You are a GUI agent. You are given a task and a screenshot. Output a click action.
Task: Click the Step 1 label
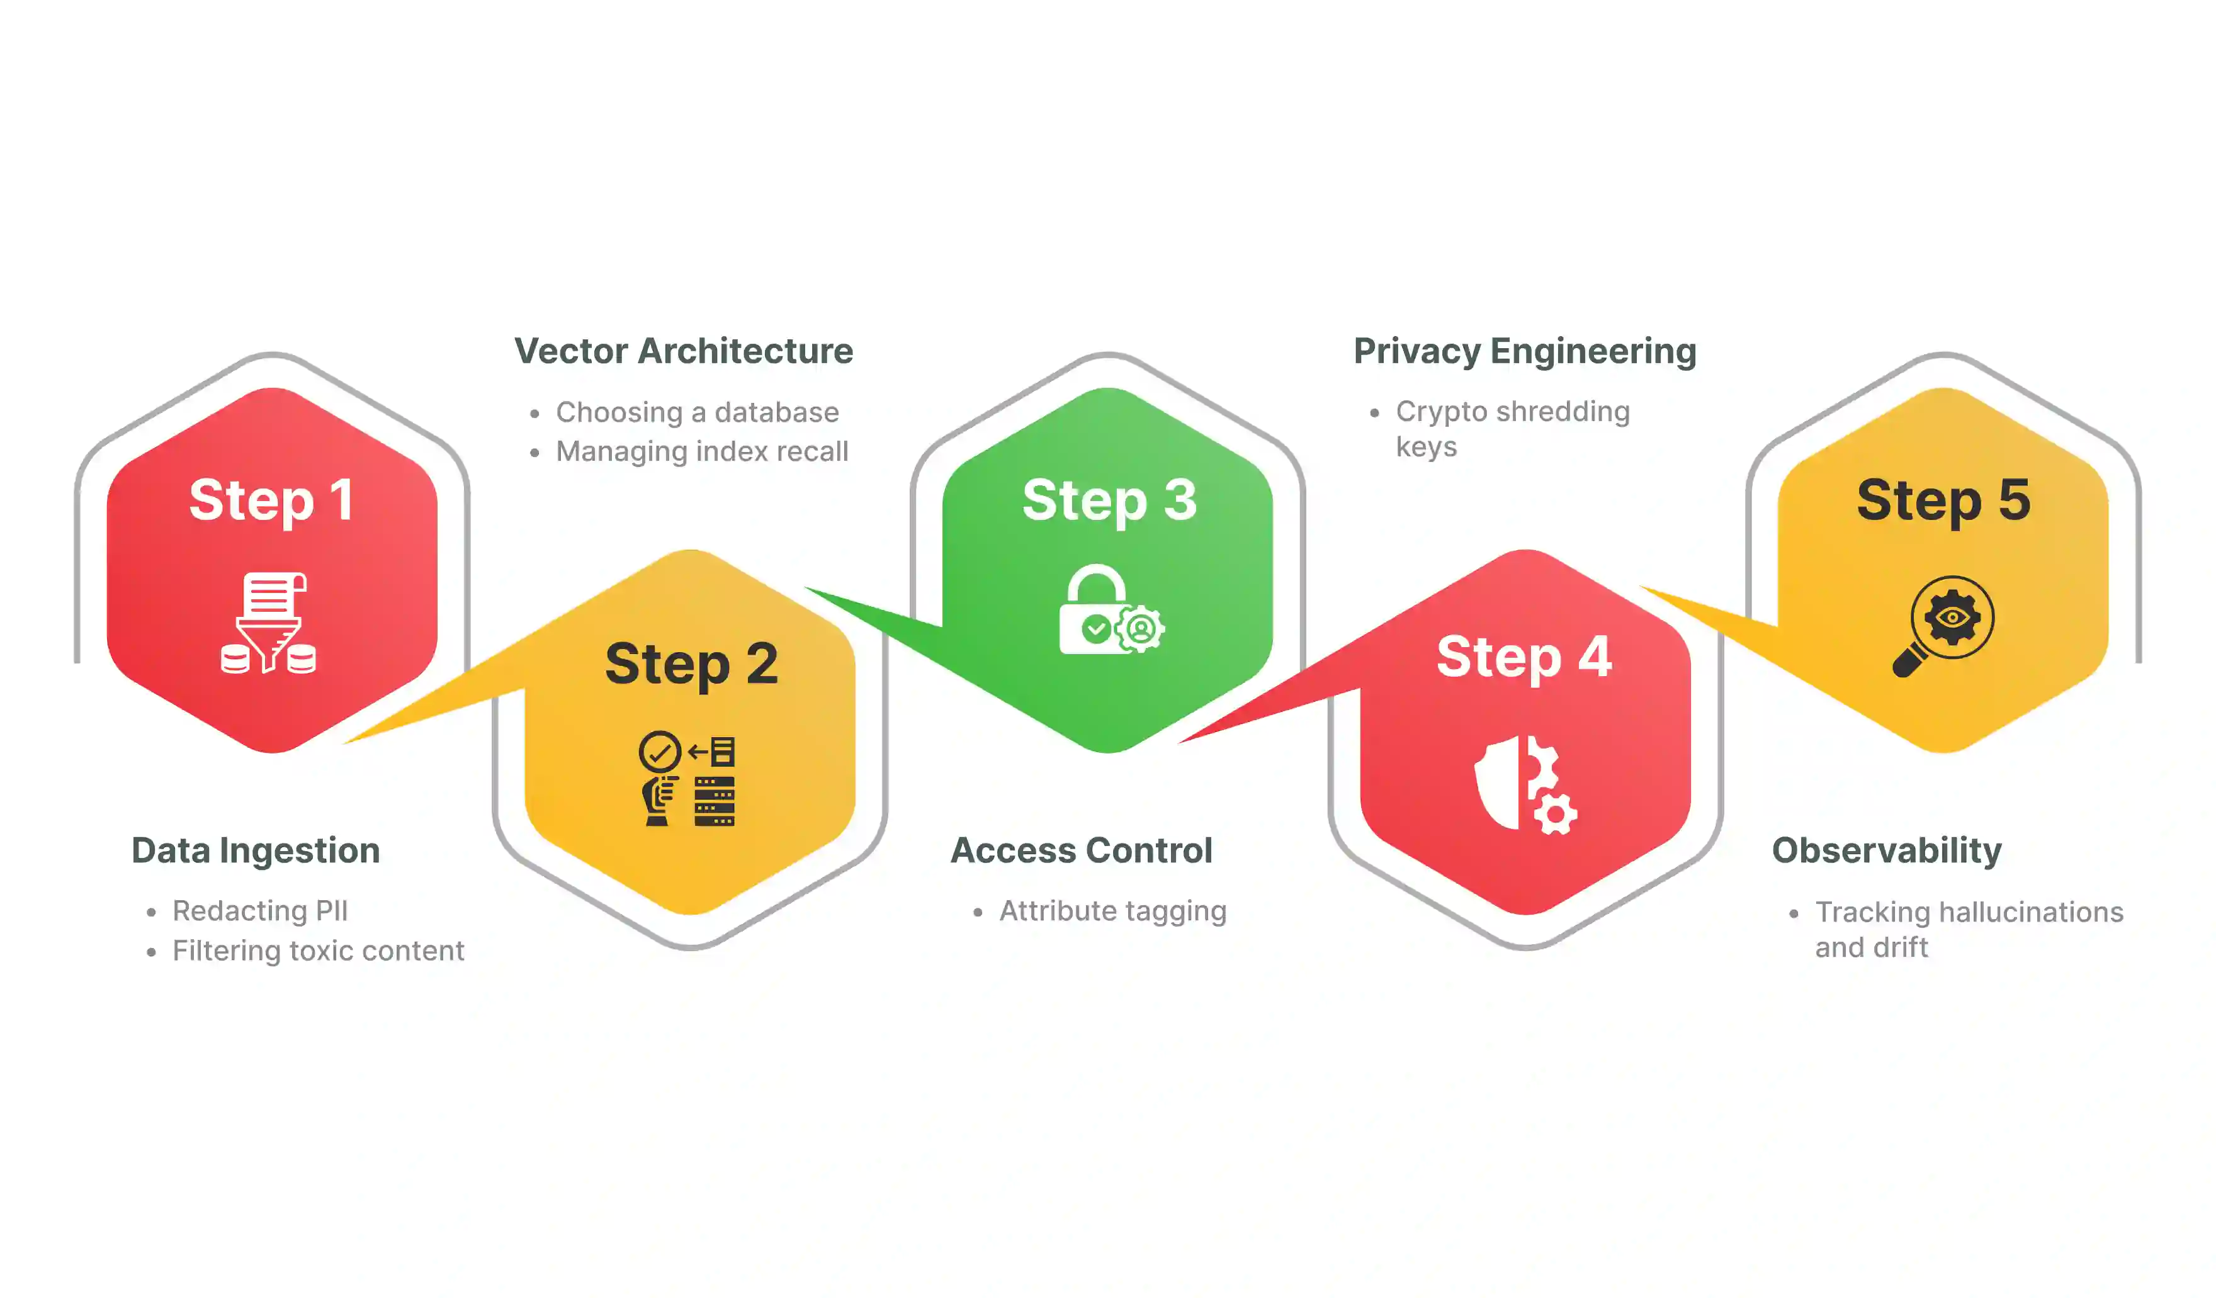pos(271,500)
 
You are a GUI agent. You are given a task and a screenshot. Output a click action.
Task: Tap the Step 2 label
pos(691,664)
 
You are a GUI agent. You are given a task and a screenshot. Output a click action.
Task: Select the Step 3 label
pos(1109,500)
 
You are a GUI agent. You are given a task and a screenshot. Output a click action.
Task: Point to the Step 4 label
pos(1524,657)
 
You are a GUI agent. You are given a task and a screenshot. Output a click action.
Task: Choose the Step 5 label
pos(1943,500)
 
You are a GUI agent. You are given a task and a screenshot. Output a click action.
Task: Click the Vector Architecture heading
pos(683,351)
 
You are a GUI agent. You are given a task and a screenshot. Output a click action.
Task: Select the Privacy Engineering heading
pos(1524,351)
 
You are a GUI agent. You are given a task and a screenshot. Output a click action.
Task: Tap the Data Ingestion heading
pos(255,850)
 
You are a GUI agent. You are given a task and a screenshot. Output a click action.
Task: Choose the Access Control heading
pos(1081,850)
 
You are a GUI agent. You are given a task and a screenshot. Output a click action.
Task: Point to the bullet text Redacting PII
pos(260,911)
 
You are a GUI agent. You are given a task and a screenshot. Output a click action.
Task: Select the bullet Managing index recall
pos(702,451)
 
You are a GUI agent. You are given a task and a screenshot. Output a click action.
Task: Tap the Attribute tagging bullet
pos(1112,911)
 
